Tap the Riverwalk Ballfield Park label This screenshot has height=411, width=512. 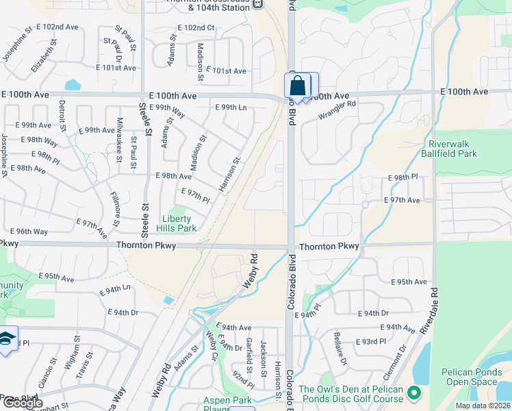[x=452, y=149]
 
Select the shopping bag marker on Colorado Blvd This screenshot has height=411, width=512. [x=298, y=87]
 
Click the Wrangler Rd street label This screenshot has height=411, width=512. [x=337, y=110]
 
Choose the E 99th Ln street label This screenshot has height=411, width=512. [x=231, y=108]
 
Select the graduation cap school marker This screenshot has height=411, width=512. [x=6, y=339]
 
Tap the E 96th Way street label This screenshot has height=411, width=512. [x=29, y=232]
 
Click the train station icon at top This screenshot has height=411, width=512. [x=257, y=3]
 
